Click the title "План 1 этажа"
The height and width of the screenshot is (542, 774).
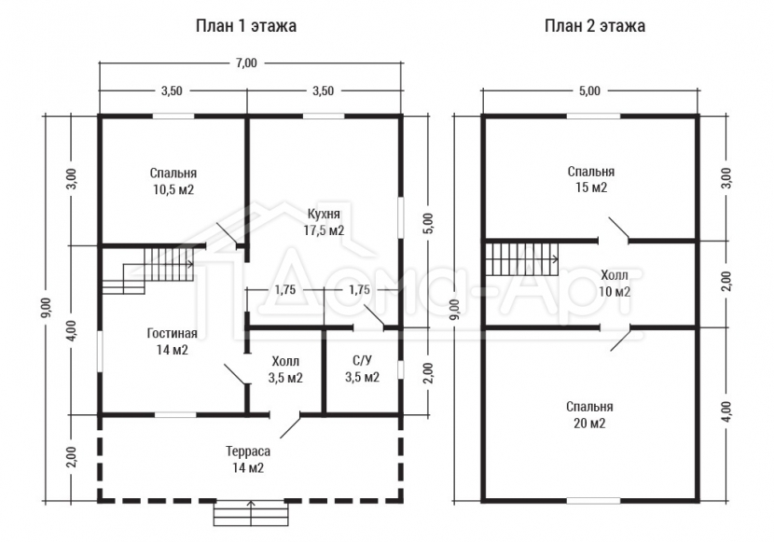[246, 26]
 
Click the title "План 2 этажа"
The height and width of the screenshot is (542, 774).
[595, 26]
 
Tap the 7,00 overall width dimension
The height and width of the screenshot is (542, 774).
[246, 63]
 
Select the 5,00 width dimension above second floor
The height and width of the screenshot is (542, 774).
[590, 90]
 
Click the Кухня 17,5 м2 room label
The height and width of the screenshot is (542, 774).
[324, 222]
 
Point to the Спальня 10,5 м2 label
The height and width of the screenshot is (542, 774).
[173, 181]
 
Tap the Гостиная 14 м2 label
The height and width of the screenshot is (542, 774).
[173, 341]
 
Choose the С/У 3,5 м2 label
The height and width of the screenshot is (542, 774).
[363, 369]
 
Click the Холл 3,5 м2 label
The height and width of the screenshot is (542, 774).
[285, 369]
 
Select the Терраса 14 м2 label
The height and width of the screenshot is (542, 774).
[248, 459]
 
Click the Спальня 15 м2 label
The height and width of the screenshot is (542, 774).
[591, 179]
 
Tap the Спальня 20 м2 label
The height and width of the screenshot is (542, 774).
[590, 414]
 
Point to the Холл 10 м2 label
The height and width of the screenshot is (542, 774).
[615, 284]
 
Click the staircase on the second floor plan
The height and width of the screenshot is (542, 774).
[522, 259]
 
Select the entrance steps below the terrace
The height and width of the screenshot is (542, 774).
[251, 513]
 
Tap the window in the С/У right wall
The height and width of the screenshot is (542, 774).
[400, 369]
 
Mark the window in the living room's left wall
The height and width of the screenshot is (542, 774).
[100, 351]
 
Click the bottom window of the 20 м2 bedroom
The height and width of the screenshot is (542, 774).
[593, 501]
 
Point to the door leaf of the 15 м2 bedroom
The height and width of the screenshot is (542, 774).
[618, 228]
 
